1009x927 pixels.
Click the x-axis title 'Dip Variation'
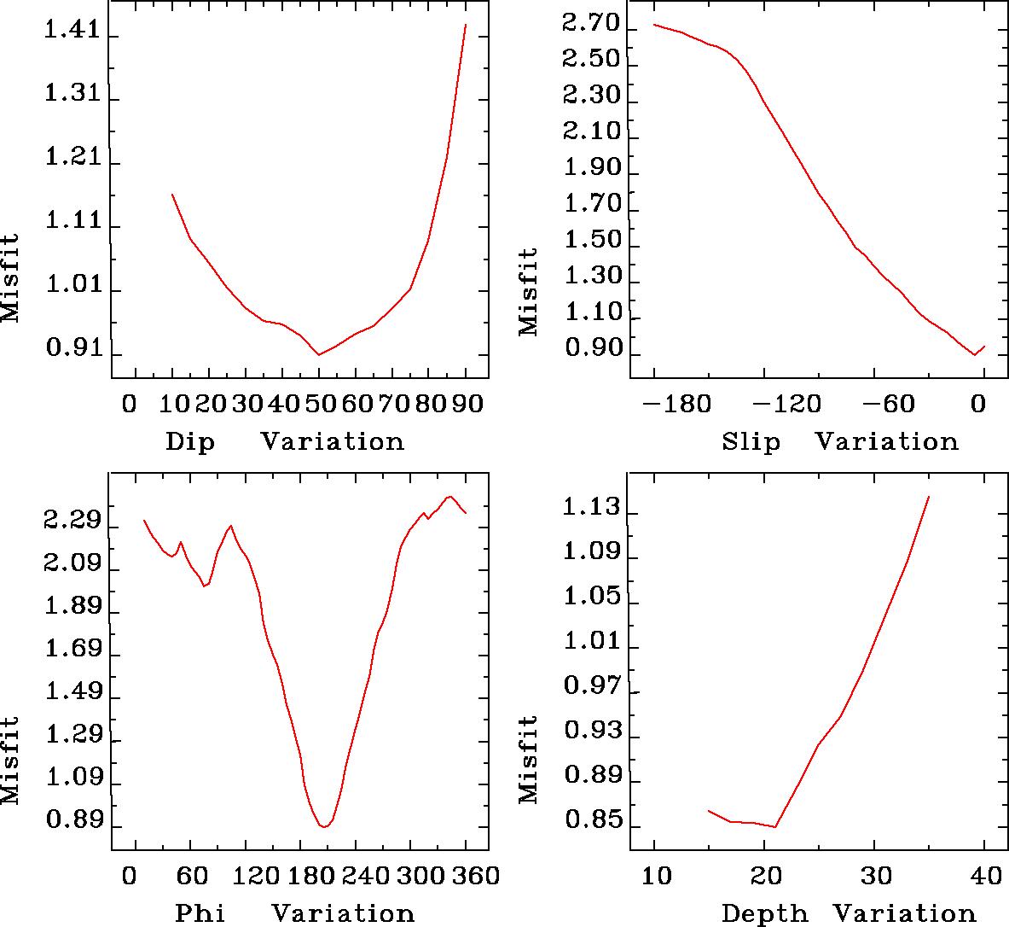(284, 442)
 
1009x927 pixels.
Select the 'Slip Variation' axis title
(839, 442)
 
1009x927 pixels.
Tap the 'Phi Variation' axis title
(294, 913)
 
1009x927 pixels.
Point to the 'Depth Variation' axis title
(848, 913)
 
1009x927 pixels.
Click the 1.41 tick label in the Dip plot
(72, 35)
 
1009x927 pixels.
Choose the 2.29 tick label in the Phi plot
(72, 521)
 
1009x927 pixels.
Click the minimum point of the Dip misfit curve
(319, 354)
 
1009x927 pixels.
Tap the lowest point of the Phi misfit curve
(324, 826)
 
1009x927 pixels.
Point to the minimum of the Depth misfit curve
(775, 826)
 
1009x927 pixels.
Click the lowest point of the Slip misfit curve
(975, 354)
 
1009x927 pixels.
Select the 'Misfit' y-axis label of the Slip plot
(529, 291)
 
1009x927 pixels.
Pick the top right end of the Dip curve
(466, 25)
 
